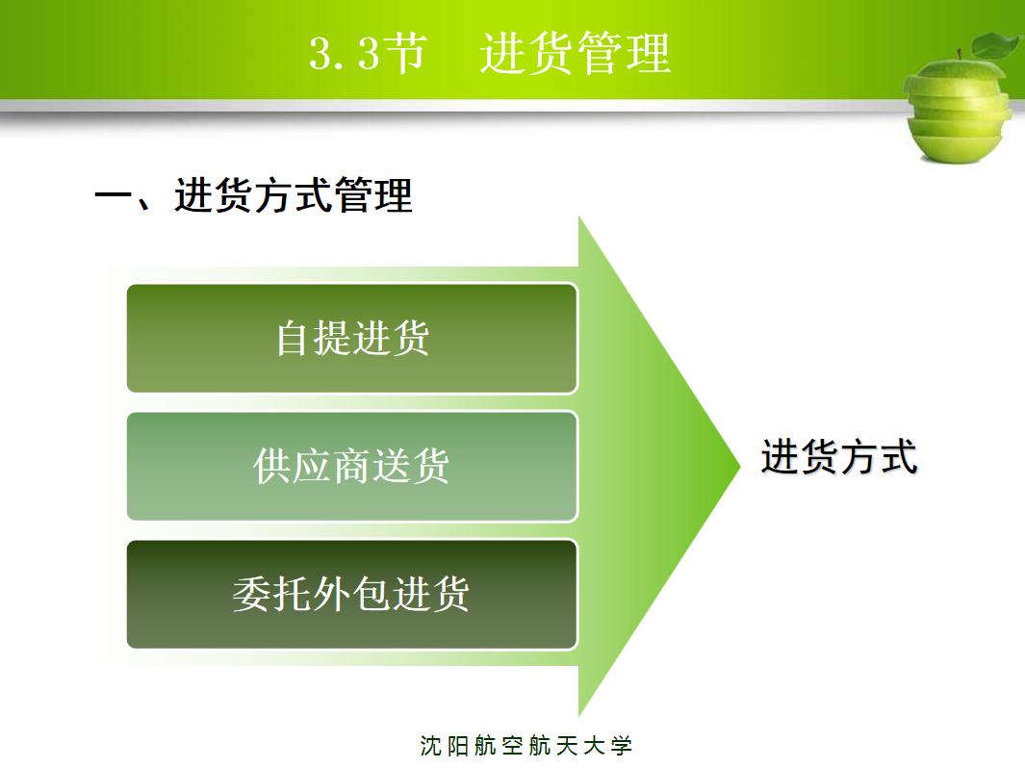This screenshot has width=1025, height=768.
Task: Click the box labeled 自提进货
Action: pos(351,338)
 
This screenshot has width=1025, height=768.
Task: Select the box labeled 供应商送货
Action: pos(351,467)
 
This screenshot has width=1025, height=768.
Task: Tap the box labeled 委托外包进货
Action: pos(351,594)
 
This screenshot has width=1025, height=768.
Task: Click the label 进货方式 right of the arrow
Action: pos(839,457)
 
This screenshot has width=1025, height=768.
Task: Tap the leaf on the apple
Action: pos(995,44)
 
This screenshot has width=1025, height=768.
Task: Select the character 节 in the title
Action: pos(405,54)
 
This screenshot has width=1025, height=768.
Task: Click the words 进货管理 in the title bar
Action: pos(575,54)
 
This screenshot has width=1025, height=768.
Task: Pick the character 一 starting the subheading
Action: pos(113,196)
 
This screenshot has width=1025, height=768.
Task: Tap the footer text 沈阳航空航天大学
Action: pos(526,746)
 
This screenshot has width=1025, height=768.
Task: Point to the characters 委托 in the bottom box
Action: pos(271,594)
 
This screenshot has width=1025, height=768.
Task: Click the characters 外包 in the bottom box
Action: pos(351,594)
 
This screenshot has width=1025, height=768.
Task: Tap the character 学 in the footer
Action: pos(622,746)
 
